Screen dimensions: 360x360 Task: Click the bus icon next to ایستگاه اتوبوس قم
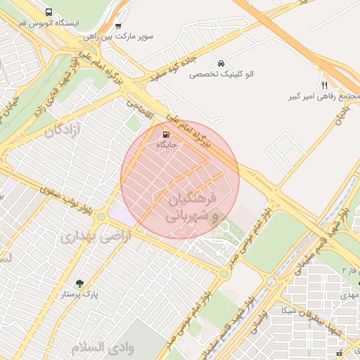49,13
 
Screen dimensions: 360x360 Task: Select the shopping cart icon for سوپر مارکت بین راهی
117,25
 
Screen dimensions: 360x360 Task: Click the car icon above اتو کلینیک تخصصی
221,63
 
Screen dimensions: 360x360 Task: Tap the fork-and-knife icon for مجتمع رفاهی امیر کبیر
324,84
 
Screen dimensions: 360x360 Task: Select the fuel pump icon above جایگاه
165,134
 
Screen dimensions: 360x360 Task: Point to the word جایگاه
166,145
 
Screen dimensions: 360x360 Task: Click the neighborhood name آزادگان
63,130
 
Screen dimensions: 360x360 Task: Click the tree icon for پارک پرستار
79,283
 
